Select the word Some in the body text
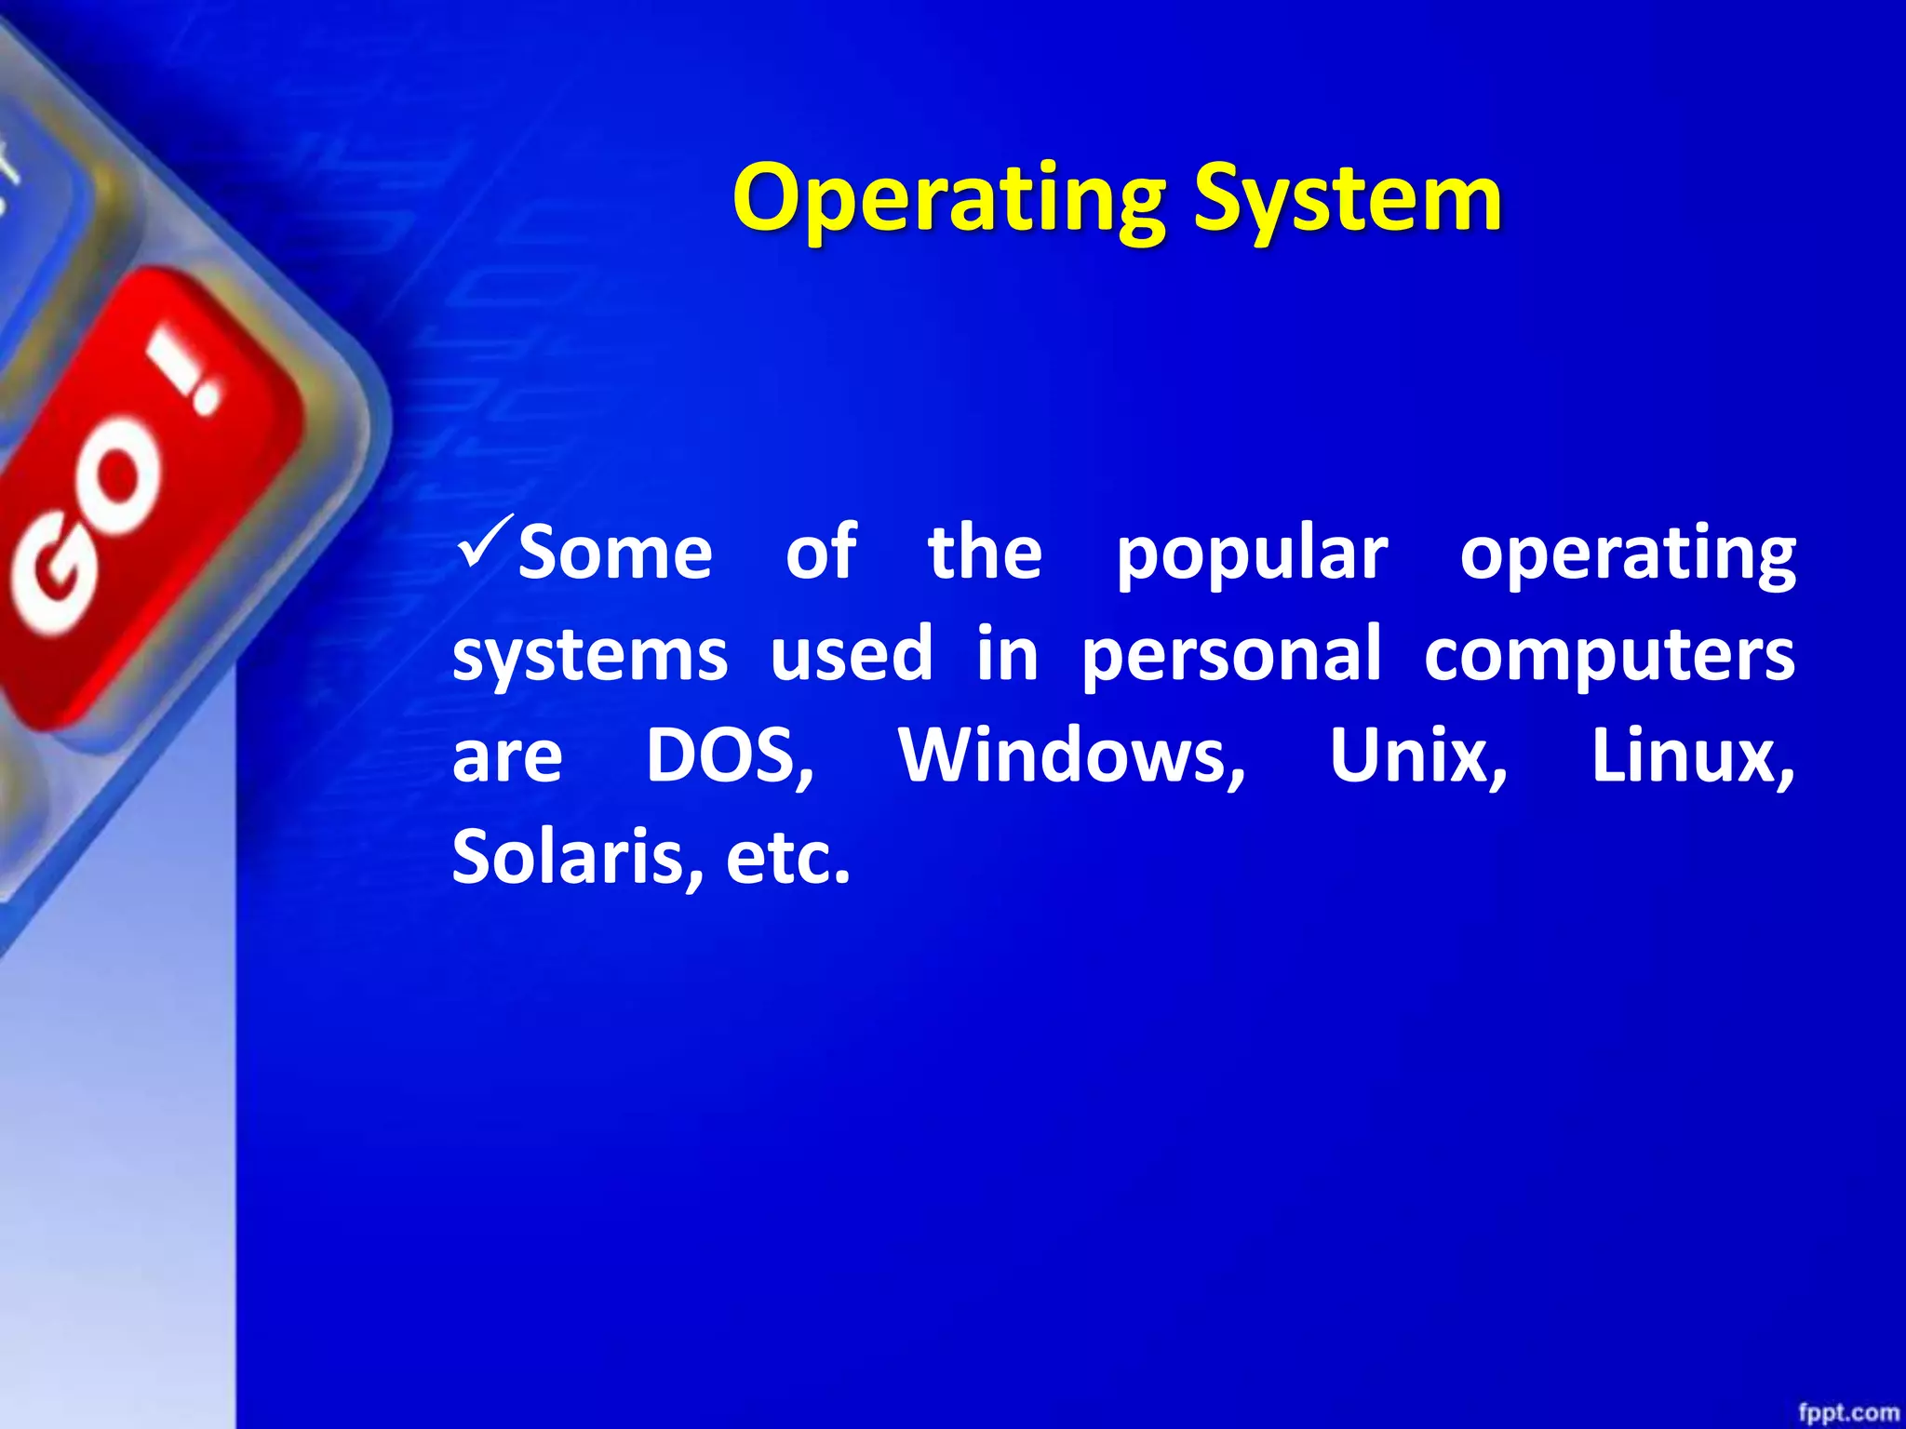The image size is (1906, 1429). (615, 554)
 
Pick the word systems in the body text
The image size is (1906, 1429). (590, 655)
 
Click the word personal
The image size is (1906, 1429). (1231, 655)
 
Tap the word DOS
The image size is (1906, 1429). (730, 755)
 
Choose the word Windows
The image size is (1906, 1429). (1072, 755)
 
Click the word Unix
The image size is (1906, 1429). (1417, 755)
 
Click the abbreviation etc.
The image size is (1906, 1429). (787, 857)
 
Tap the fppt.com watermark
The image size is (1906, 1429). (1848, 1413)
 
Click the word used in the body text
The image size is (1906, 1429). (851, 653)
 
